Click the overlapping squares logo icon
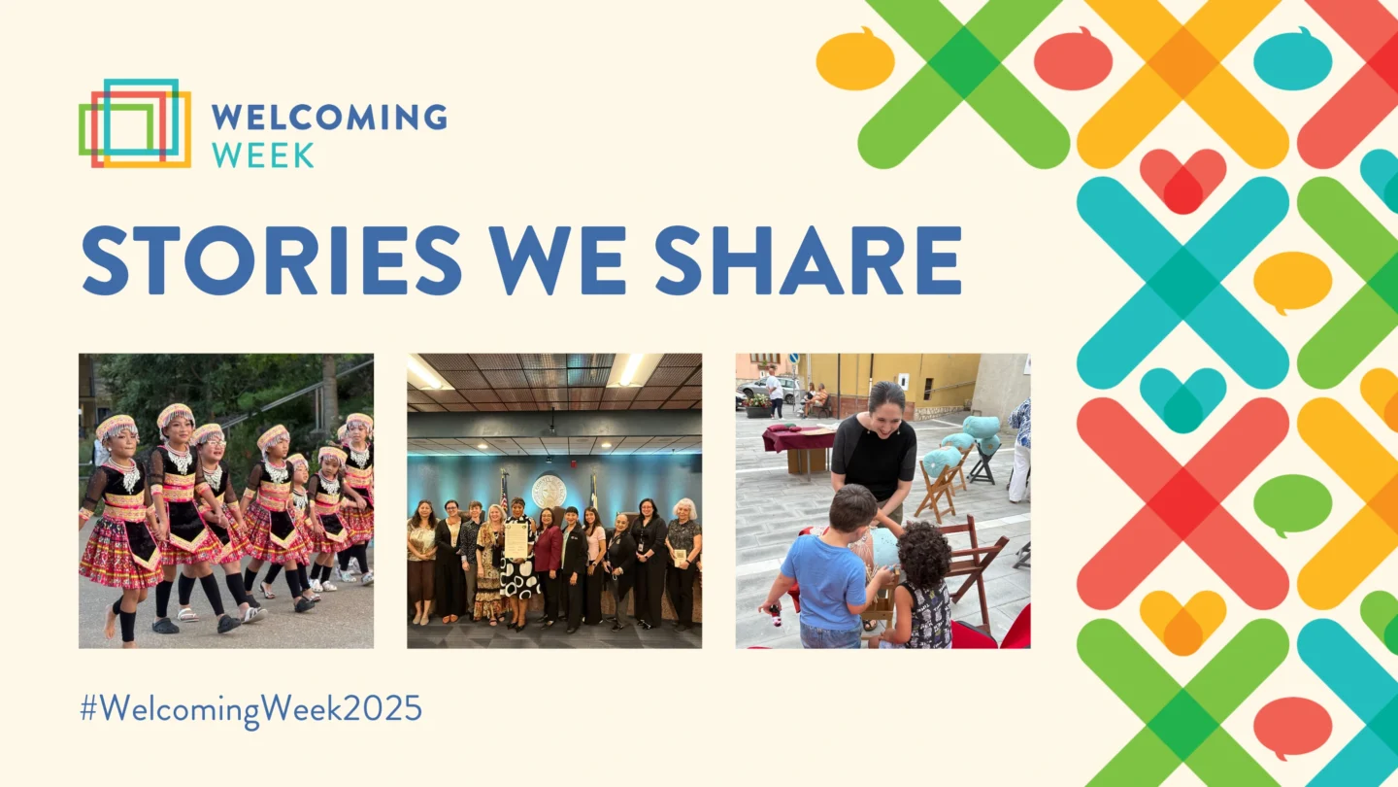134,123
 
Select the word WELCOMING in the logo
328,118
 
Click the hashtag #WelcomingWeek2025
250,708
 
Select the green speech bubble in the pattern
1291,504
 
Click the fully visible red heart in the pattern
1182,180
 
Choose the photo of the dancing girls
225,500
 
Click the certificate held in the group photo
516,540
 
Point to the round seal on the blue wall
549,491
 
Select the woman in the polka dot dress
518,564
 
